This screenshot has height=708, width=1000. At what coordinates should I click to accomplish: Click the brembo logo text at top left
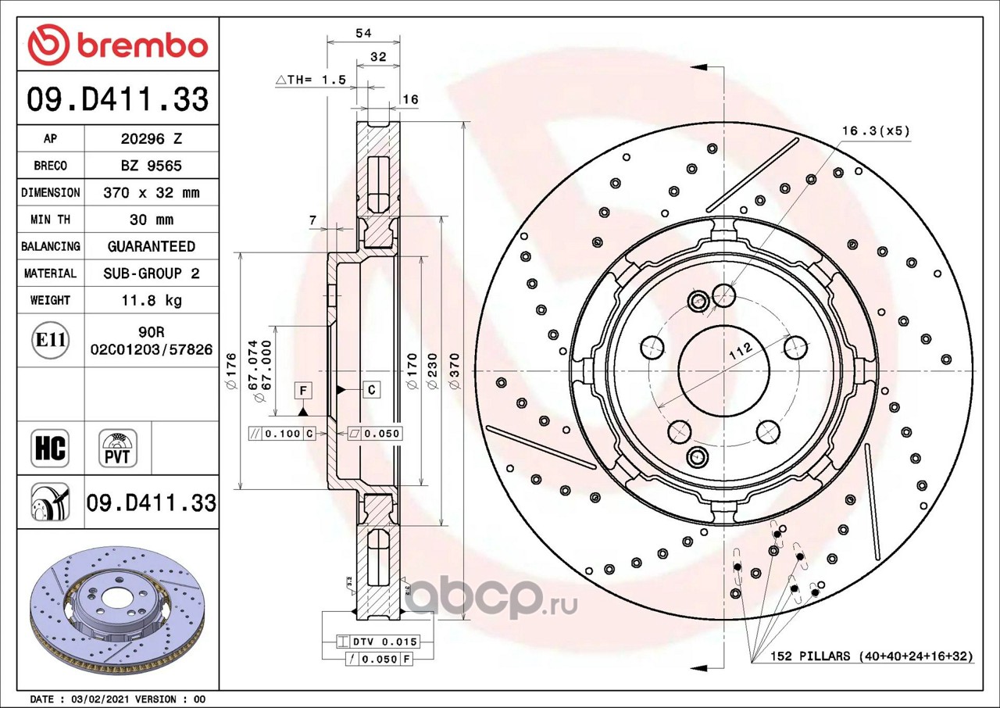[143, 45]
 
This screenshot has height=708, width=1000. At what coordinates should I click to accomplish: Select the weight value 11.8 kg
[152, 300]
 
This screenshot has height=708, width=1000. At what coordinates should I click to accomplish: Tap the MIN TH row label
[51, 220]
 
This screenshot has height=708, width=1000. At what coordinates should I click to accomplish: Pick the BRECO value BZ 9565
[152, 166]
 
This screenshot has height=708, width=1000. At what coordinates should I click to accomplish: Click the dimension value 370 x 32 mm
[152, 193]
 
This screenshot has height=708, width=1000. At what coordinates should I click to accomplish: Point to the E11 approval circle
[51, 341]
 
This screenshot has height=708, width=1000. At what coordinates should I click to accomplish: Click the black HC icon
[50, 449]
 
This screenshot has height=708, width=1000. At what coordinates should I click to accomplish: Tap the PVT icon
[118, 449]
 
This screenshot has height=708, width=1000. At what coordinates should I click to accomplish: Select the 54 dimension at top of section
[363, 33]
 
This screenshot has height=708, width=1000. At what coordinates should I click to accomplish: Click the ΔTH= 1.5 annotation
[311, 80]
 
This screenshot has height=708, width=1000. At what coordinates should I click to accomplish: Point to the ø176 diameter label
[231, 371]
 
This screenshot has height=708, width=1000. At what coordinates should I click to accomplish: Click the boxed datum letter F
[303, 391]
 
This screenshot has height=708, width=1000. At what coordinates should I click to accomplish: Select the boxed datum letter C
[371, 390]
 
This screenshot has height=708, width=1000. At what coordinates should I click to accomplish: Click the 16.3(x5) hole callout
[875, 131]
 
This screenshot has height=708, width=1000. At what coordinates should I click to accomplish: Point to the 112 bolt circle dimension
[741, 352]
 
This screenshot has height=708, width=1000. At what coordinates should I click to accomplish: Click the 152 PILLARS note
[870, 656]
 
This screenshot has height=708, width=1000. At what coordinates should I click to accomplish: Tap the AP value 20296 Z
[152, 139]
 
